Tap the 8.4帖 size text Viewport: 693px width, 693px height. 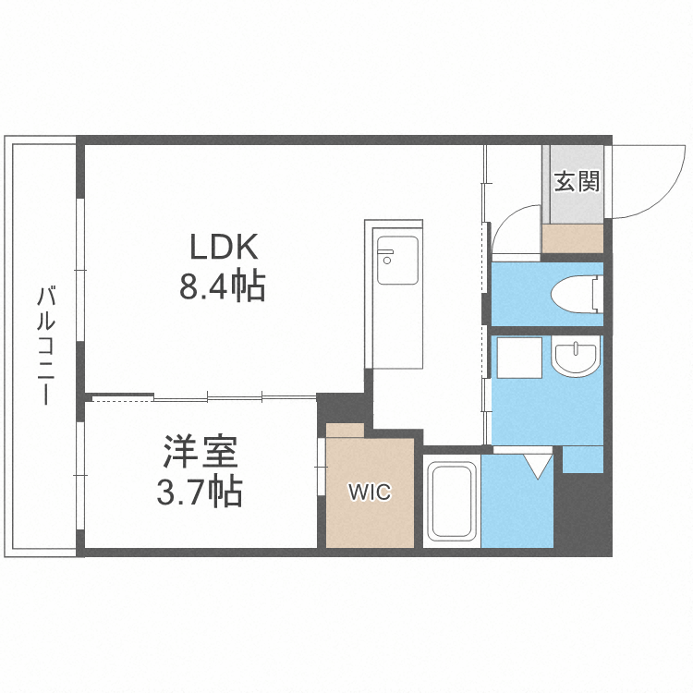222,287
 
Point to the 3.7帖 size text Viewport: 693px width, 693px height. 201,492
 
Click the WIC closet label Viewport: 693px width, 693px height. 369,492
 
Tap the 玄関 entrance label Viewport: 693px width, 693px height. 577,181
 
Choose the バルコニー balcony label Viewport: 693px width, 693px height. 44,346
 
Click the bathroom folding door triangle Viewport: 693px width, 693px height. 539,461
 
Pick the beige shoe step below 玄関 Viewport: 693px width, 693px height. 573,238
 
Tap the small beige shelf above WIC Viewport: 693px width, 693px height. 346,431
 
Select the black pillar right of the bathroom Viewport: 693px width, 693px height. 582,513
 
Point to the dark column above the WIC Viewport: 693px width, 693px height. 342,407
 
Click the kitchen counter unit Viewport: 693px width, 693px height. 395,296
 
